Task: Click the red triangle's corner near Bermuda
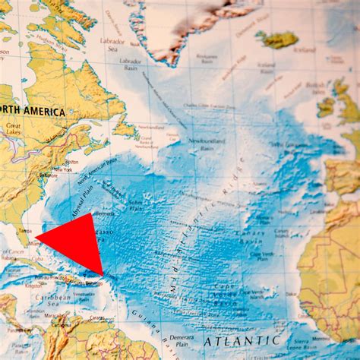pos(91,215)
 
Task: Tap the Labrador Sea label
pos(112,43)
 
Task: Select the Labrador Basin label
pos(130,63)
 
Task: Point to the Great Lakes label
pos(13,133)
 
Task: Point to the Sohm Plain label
pos(136,204)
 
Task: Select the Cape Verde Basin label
pos(234,292)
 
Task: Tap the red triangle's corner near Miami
pos(36,240)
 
